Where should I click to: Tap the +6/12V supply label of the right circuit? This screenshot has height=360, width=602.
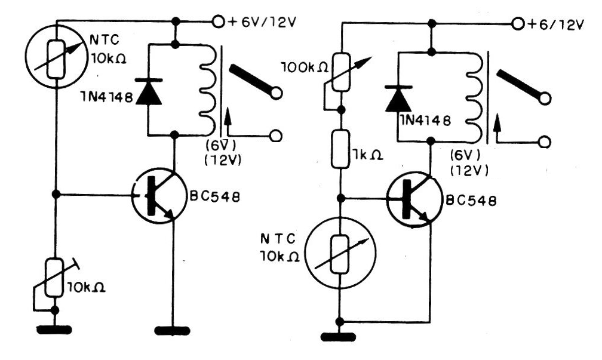tap(555, 24)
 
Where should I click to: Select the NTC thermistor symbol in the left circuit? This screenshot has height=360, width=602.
tap(56, 59)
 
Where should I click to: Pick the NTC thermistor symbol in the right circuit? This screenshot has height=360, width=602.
tap(340, 254)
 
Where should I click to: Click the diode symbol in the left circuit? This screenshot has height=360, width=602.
tap(149, 92)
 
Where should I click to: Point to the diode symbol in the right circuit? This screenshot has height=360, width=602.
tap(398, 99)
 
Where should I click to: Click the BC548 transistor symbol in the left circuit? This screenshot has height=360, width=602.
tap(159, 196)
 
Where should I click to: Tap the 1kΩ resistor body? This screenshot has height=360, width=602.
tap(340, 149)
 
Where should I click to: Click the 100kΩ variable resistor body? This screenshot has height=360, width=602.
tap(340, 72)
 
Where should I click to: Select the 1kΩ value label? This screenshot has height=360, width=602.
tap(367, 155)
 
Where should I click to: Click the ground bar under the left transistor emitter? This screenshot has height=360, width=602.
tap(173, 331)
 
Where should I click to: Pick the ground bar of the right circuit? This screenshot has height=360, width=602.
tap(338, 337)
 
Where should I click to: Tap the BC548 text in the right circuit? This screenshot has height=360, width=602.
tap(471, 201)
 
